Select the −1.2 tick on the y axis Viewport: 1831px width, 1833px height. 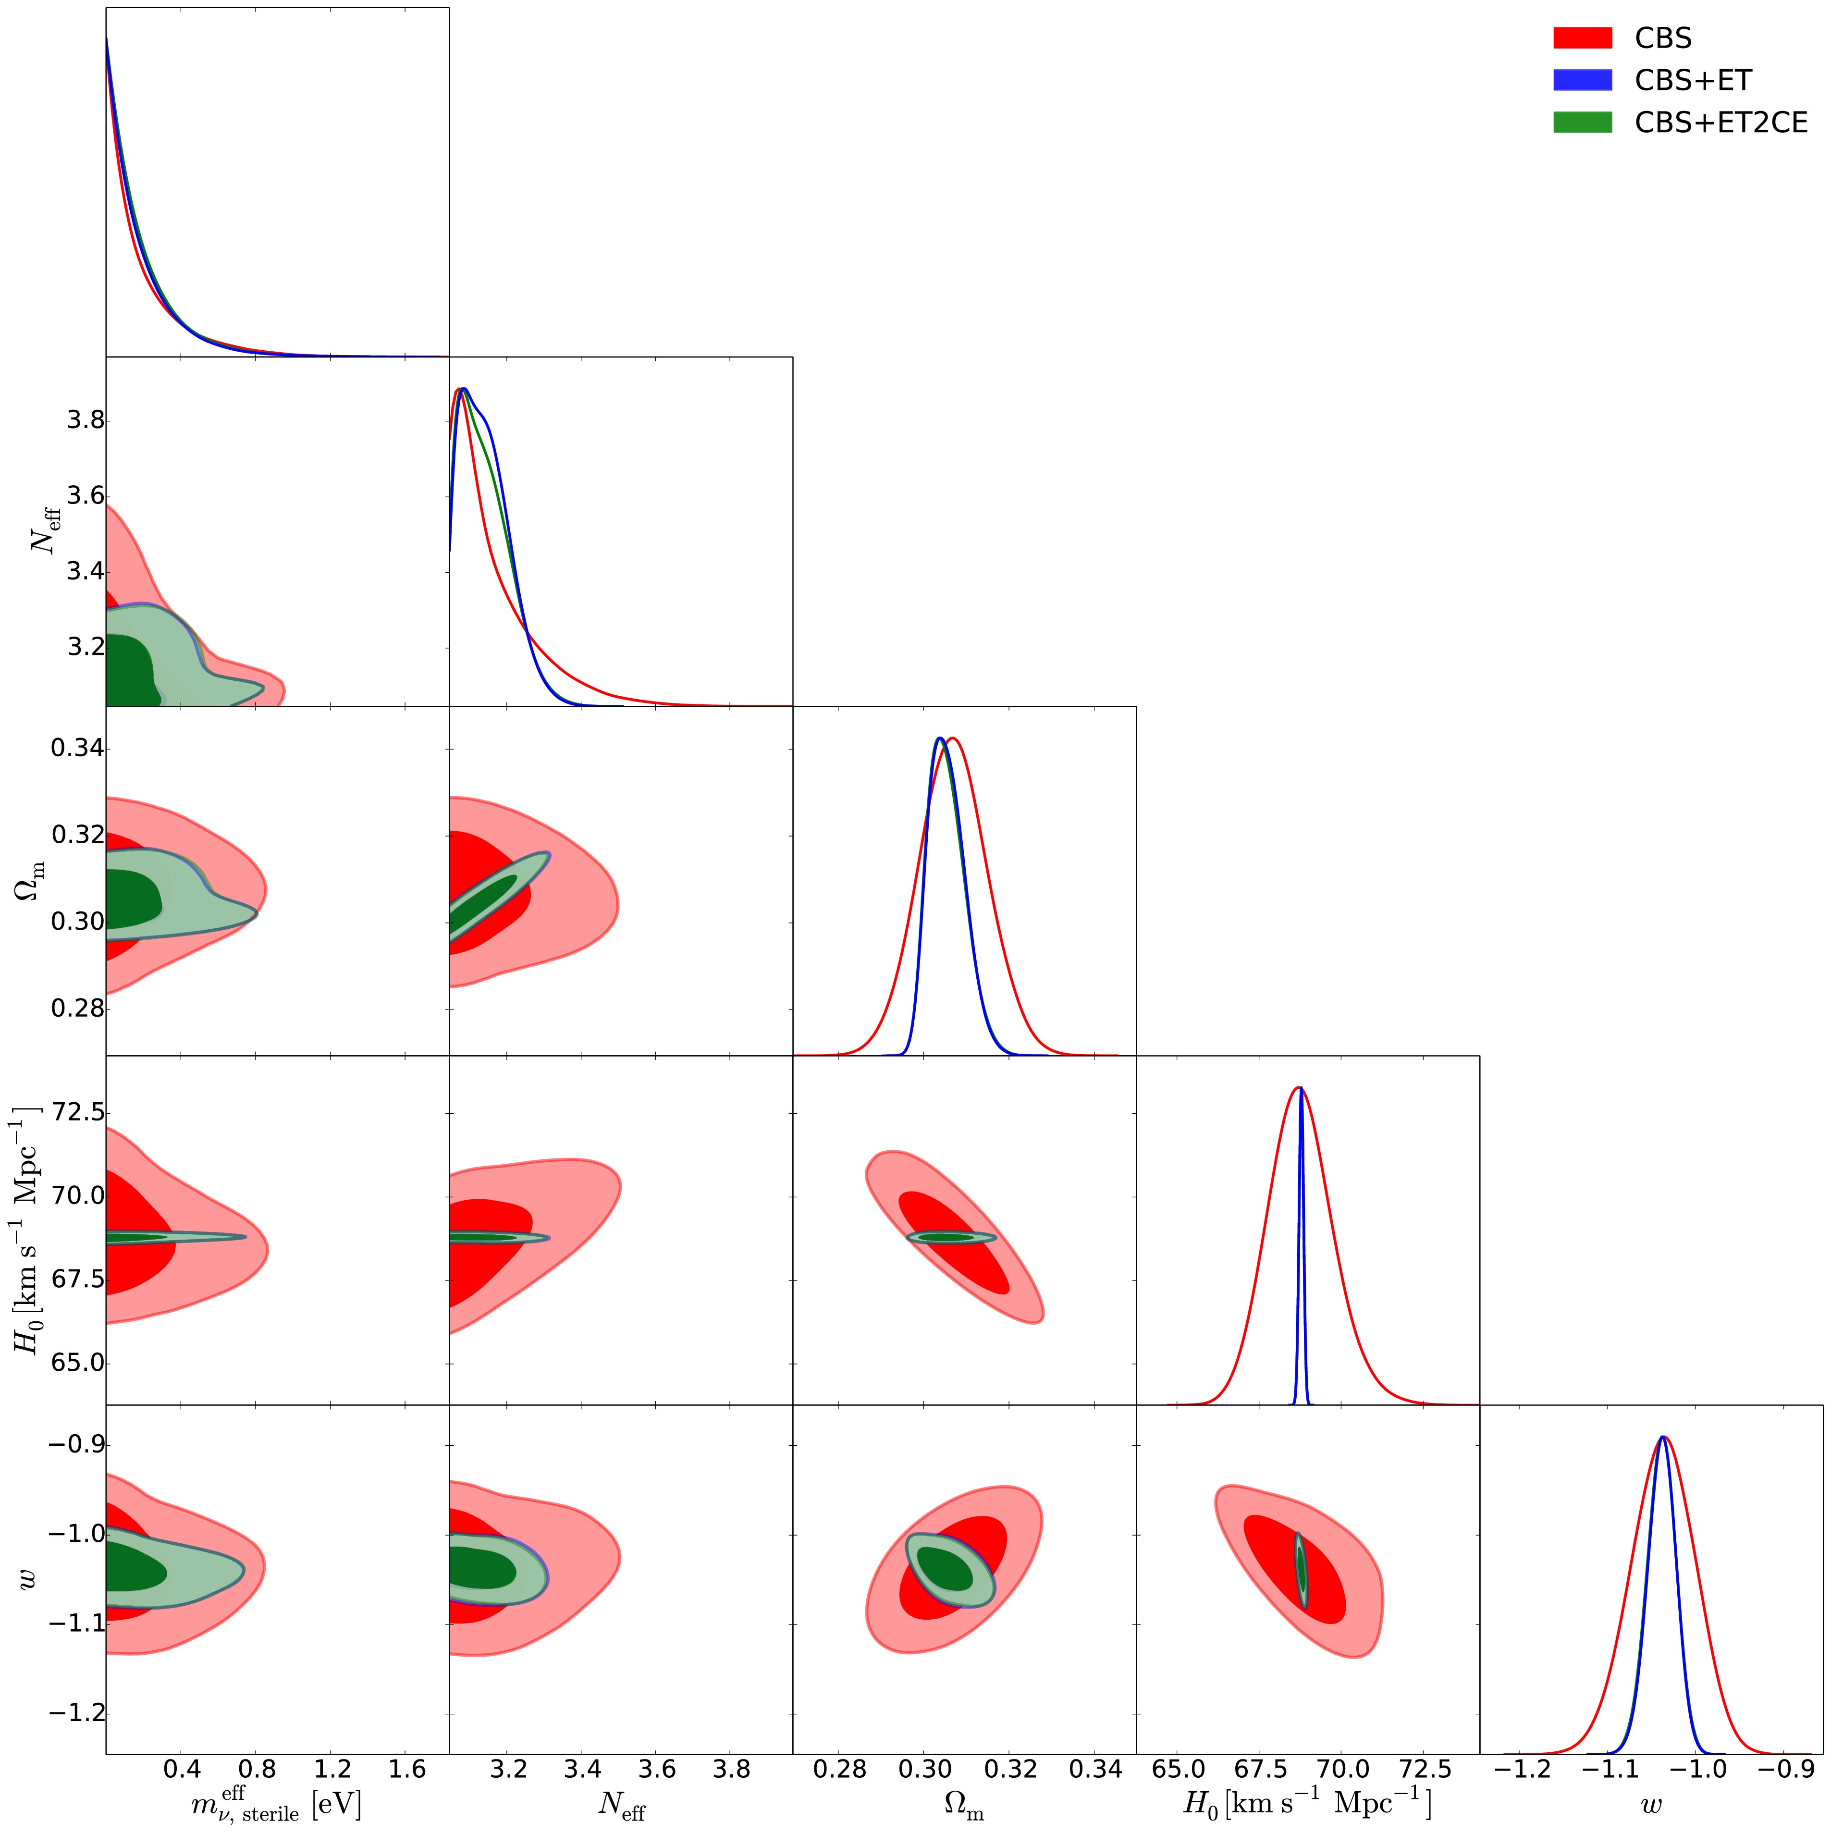pos(72,1713)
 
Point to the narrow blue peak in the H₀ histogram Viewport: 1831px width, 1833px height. pos(1301,1233)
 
